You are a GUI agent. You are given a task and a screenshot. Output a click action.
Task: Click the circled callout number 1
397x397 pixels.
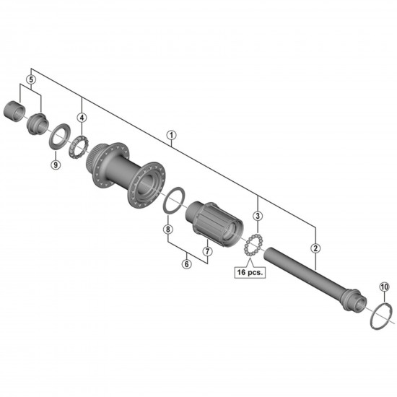[171, 134]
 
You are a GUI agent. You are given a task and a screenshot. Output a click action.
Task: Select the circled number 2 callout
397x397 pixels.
[315, 248]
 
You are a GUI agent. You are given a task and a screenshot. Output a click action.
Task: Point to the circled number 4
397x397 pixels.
[82, 118]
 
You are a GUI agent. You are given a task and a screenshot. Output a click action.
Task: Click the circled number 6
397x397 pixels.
[186, 264]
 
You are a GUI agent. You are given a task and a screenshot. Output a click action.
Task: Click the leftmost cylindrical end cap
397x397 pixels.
[14, 114]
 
